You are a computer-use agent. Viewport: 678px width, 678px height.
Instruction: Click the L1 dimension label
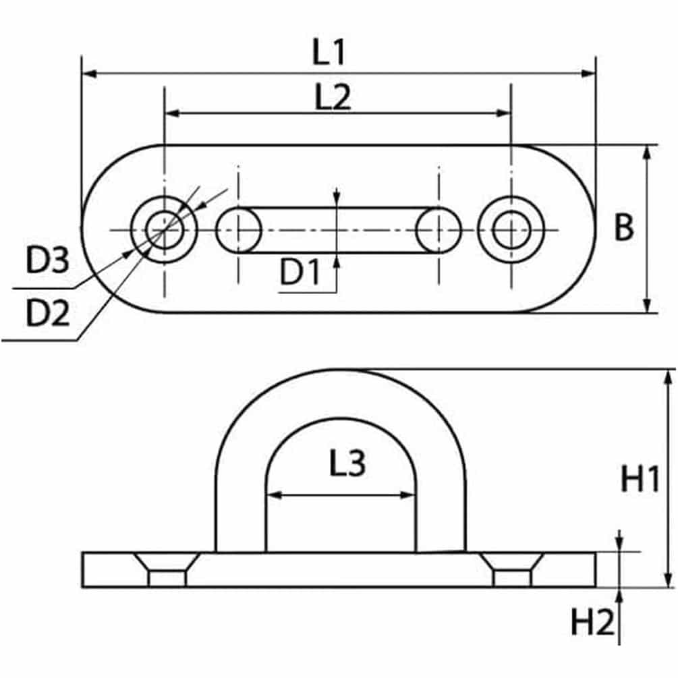tap(329, 52)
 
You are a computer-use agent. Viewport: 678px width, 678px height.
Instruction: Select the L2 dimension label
tap(333, 97)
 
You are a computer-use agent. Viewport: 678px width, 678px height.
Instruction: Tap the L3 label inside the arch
tap(347, 463)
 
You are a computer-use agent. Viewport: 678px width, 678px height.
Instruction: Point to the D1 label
tap(300, 272)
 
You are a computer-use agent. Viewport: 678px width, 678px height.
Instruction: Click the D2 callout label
tap(48, 313)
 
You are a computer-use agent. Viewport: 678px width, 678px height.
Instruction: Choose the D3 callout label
tap(47, 260)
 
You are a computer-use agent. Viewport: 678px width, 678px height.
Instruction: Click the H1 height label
tap(640, 479)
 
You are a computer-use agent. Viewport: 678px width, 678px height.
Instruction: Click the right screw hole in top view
tap(511, 229)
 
